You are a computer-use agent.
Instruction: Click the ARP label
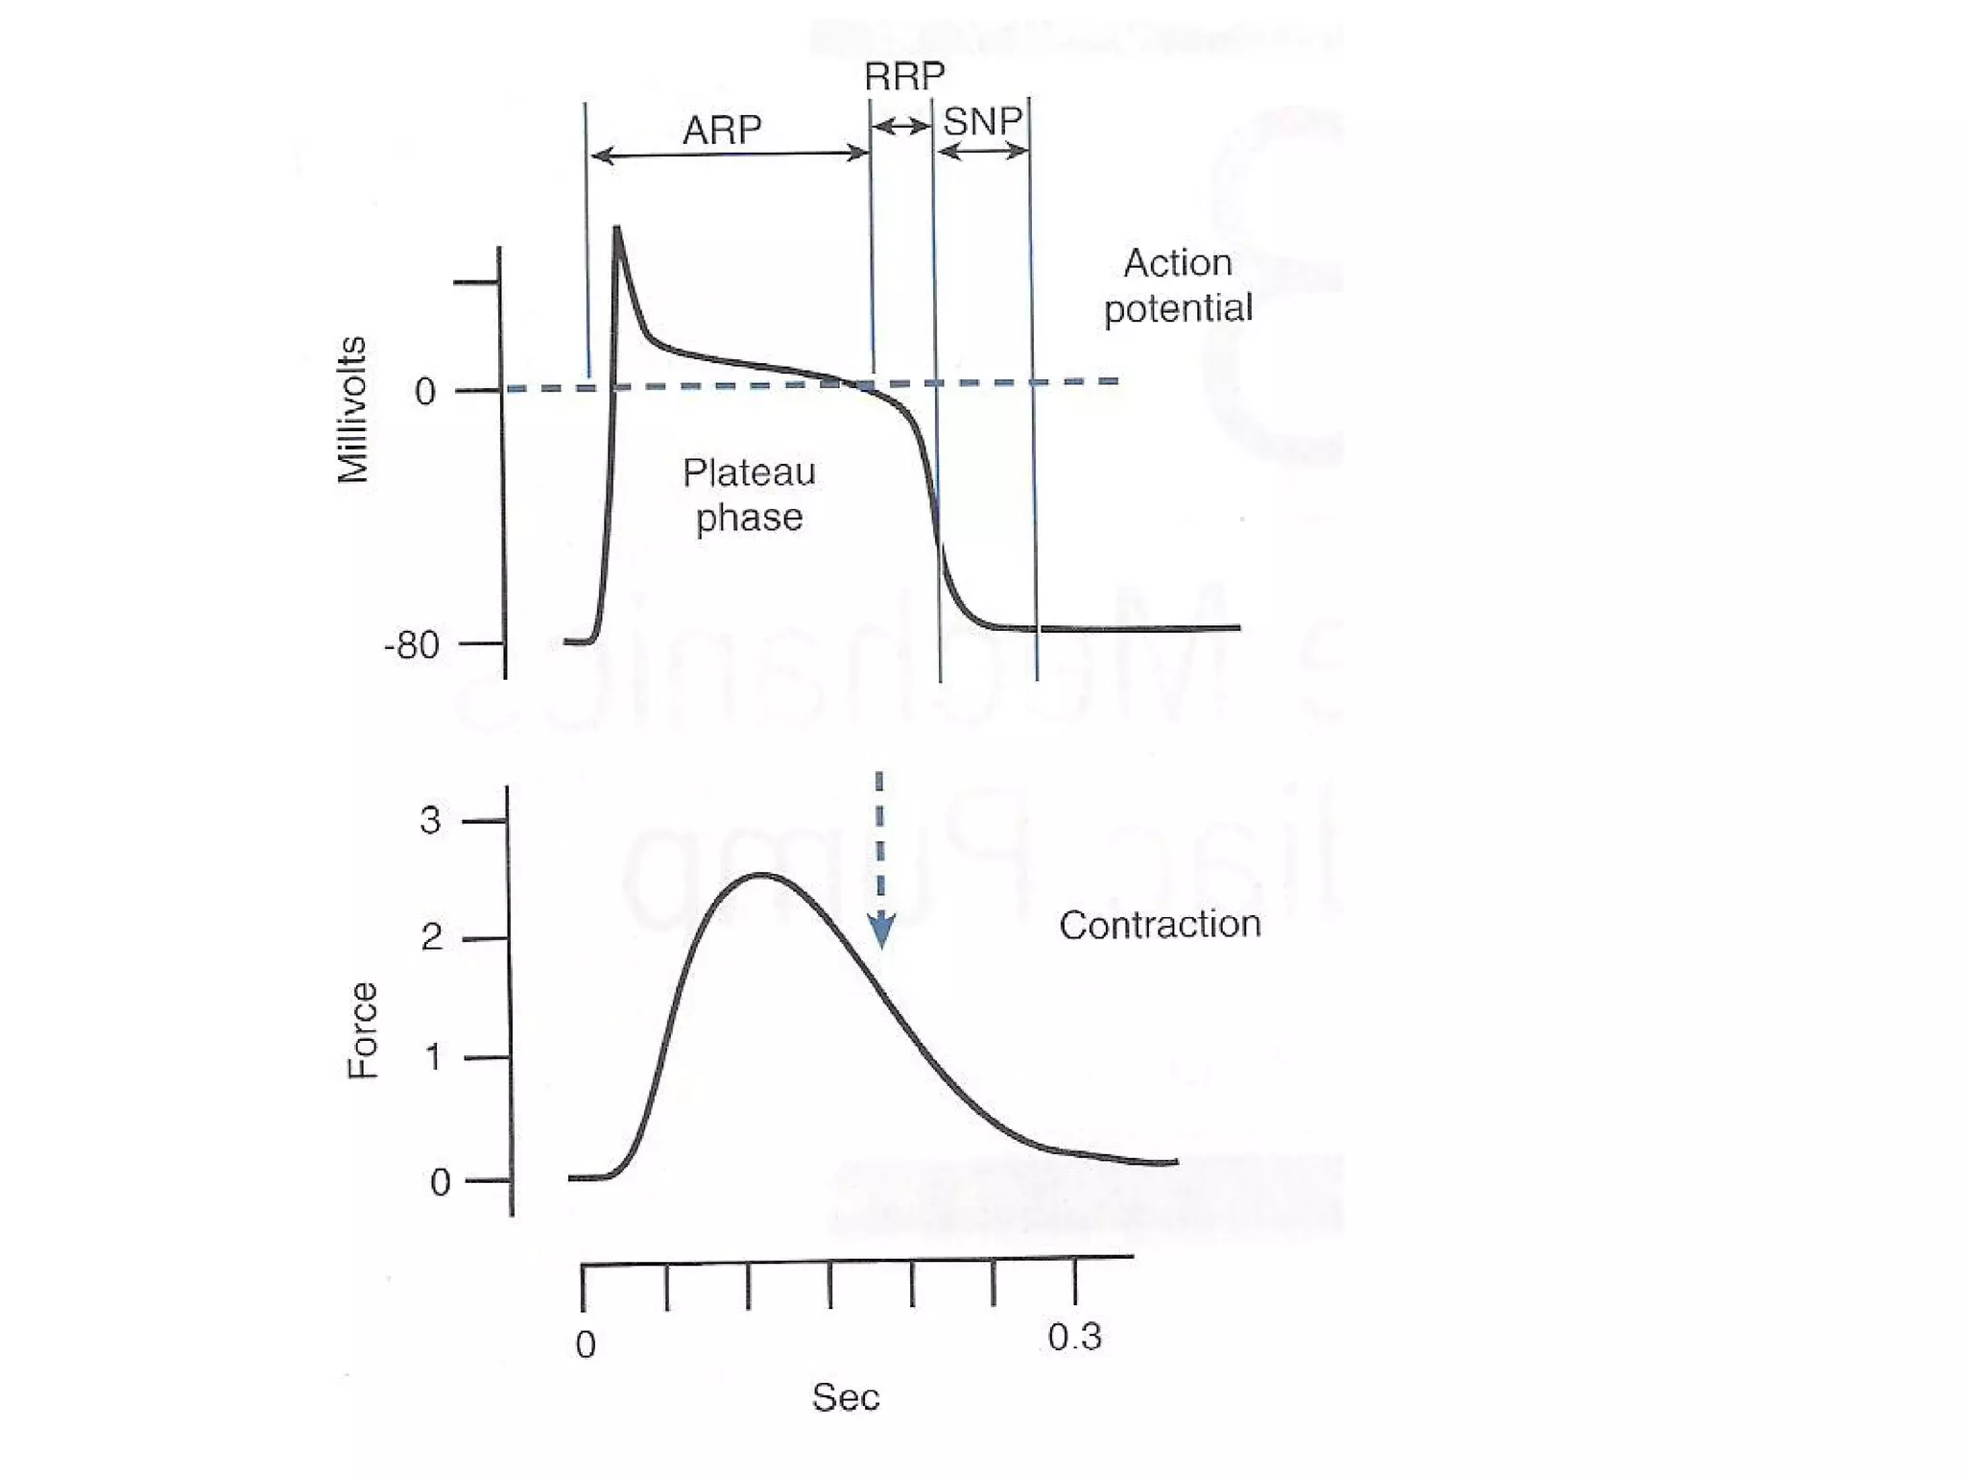point(722,130)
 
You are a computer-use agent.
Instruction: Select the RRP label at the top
point(904,77)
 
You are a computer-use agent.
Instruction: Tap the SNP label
point(982,122)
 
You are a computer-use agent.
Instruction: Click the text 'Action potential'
point(1178,285)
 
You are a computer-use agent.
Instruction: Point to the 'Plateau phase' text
point(749,495)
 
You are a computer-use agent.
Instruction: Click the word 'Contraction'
point(1160,925)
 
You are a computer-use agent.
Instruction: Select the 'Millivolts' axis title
point(353,410)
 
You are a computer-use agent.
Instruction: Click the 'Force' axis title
point(363,1030)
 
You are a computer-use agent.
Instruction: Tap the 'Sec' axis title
point(845,1398)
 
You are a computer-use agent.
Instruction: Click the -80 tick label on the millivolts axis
point(411,645)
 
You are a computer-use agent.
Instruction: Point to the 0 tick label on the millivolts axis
point(424,392)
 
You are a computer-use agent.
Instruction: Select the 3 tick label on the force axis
point(430,821)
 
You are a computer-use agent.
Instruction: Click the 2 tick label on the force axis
point(431,937)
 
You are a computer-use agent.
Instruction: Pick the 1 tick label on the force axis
point(433,1057)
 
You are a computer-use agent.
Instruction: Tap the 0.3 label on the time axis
point(1074,1337)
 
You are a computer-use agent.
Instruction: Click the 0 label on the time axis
point(586,1344)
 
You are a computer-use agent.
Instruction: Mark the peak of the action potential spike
point(616,229)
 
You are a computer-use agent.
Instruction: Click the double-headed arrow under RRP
point(901,126)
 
